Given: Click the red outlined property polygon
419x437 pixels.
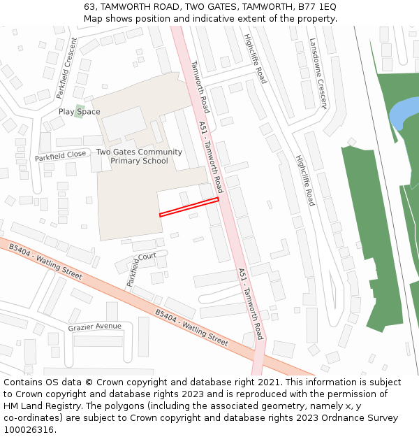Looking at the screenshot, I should tap(189, 207).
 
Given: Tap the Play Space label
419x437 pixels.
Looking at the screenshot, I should tap(79, 112).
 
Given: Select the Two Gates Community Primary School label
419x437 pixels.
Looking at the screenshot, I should tap(139, 157).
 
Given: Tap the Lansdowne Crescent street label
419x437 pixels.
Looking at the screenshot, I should tap(318, 73).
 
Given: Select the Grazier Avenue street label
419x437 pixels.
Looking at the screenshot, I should tap(94, 327).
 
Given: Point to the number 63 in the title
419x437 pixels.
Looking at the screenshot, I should tap(89, 6).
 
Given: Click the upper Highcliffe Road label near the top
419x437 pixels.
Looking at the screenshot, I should tap(255, 59).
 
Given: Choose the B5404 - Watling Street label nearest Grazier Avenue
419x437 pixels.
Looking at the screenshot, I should tap(191, 328).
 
